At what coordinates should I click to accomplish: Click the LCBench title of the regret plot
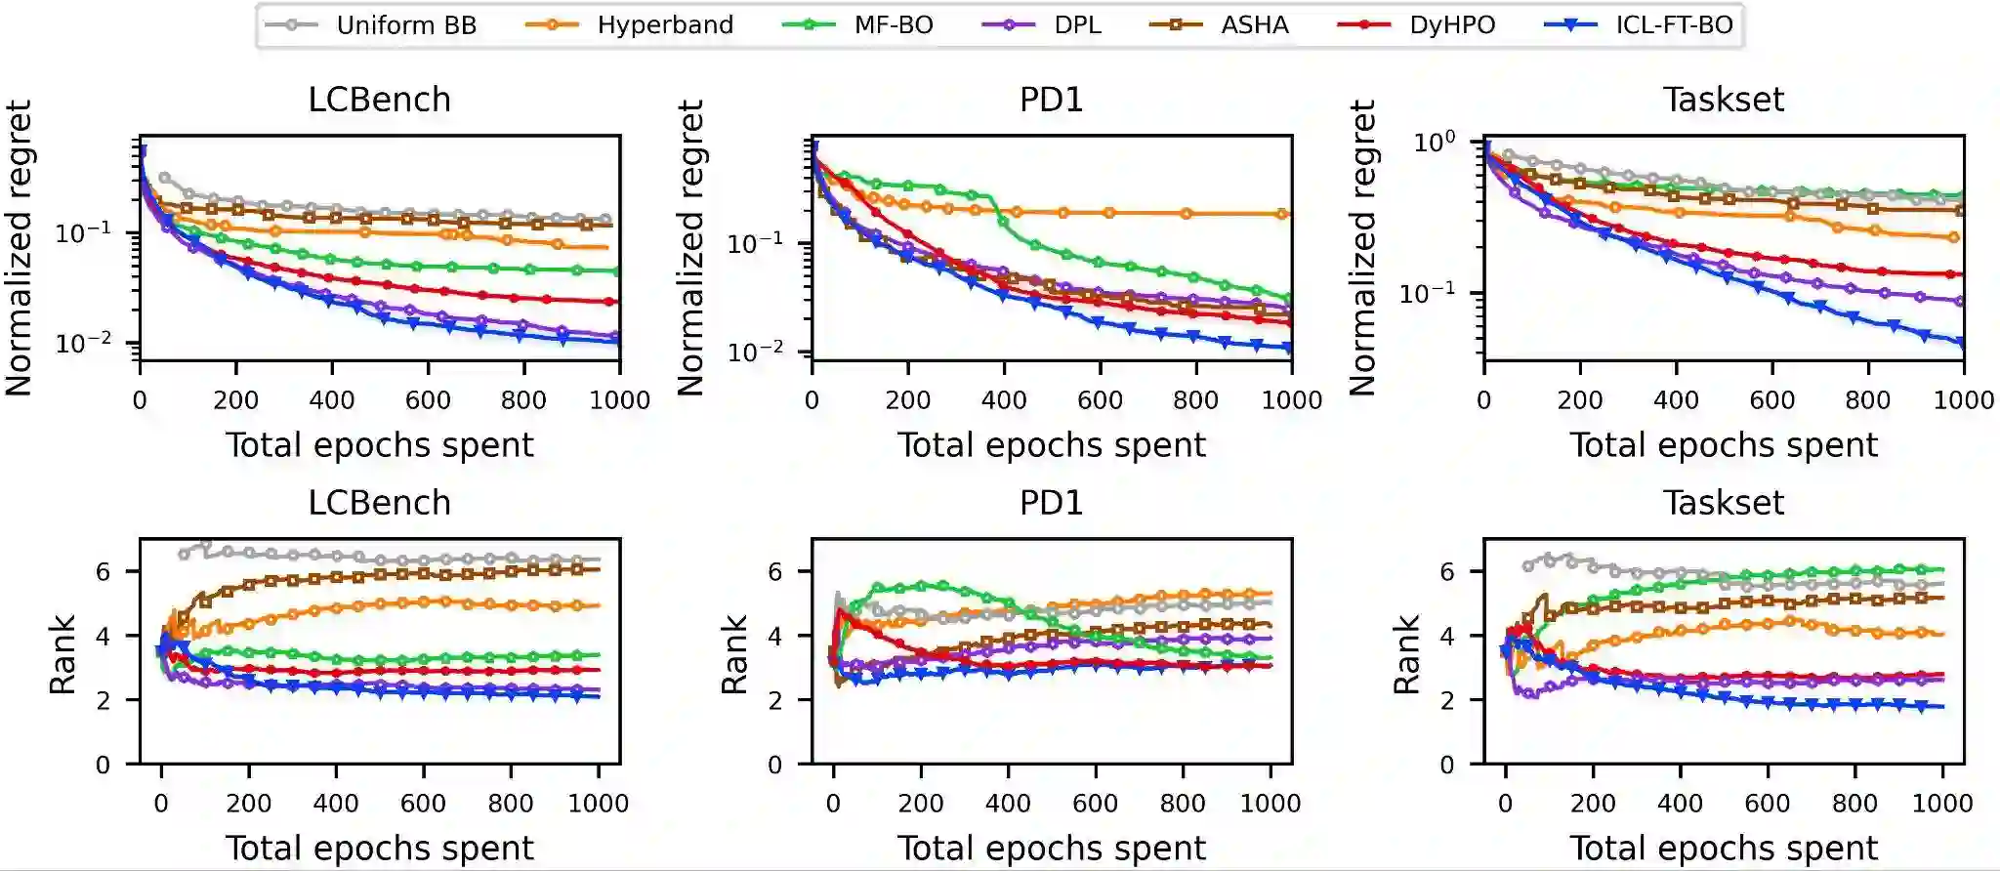[380, 100]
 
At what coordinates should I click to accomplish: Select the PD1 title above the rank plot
[1052, 503]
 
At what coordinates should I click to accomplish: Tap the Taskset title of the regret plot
[1724, 100]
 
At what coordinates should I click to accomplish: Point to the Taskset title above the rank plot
[1724, 503]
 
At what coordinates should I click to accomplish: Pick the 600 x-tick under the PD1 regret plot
[1100, 400]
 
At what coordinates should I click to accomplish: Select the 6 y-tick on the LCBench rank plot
[104, 572]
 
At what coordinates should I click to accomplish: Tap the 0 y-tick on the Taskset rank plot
[1447, 766]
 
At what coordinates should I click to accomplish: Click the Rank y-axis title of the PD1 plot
[734, 654]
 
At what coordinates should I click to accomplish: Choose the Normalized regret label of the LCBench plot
[20, 248]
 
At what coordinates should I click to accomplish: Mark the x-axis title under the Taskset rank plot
[1724, 849]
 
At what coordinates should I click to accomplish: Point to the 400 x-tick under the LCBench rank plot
[336, 804]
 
